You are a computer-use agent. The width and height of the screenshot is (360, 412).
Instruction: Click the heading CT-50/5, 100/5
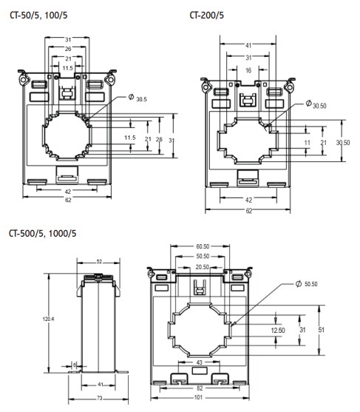coord(38,16)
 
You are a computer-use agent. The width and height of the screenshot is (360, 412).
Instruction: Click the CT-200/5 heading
coord(207,16)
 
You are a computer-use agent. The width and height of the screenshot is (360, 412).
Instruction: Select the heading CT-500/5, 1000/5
coord(43,233)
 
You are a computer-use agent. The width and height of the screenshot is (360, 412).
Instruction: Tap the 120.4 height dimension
coord(48,319)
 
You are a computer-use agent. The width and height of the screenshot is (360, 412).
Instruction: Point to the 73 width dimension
coord(100,398)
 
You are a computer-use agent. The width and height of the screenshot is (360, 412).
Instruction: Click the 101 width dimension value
coord(198,397)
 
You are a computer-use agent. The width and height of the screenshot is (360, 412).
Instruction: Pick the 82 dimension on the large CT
coord(200,388)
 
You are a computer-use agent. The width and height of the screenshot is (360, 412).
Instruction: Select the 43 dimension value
coord(200,362)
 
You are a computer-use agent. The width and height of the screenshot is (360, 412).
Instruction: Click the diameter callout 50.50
coord(307,284)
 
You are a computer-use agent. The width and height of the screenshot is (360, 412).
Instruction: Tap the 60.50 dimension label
coord(203,246)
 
